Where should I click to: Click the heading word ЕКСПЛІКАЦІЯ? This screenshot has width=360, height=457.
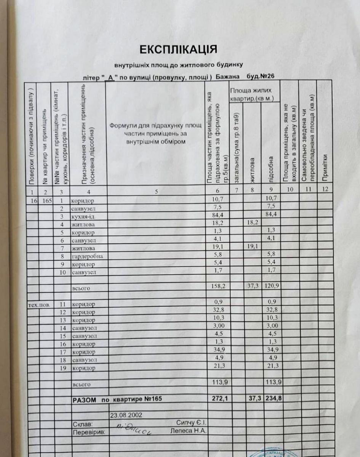(x=179, y=50)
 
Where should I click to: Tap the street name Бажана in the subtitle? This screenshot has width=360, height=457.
(x=227, y=77)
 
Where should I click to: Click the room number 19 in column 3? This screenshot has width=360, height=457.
(x=63, y=368)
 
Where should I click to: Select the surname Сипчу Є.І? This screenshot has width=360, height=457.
(x=191, y=423)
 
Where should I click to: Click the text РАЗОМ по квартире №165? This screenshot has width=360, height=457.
(x=117, y=399)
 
